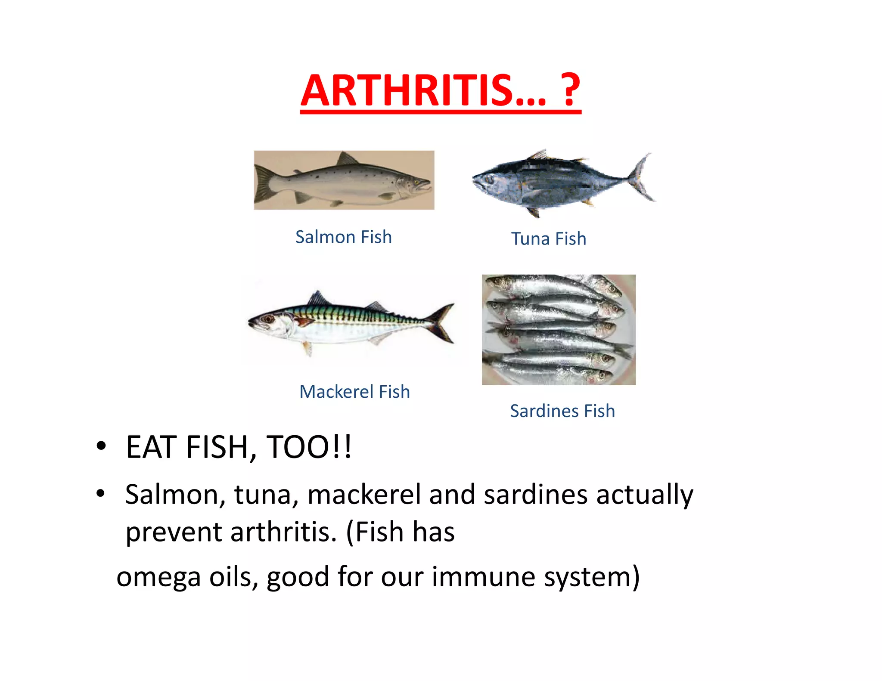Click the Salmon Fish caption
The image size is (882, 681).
[x=343, y=237]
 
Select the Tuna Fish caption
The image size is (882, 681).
[x=548, y=239]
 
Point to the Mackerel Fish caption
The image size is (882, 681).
[x=354, y=392]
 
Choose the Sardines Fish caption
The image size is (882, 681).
[x=562, y=411]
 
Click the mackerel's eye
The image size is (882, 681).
[x=269, y=319]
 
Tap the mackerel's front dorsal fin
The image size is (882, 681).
[x=318, y=298]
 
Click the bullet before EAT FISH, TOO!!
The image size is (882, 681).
[x=101, y=446]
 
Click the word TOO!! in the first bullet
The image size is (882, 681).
[x=309, y=447]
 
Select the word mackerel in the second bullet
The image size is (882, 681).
[x=364, y=494]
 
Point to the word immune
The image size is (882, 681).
[x=483, y=577]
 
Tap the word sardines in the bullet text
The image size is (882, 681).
[x=535, y=494]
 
